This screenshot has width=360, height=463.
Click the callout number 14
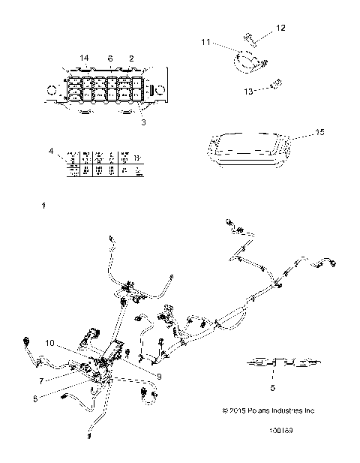(84, 58)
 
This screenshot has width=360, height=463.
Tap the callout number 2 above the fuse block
(132, 58)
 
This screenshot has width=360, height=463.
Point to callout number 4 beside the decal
(52, 152)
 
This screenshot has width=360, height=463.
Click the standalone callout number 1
(44, 205)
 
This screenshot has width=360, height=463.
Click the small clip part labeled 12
(249, 37)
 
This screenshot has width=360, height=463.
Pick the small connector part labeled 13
(277, 83)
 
